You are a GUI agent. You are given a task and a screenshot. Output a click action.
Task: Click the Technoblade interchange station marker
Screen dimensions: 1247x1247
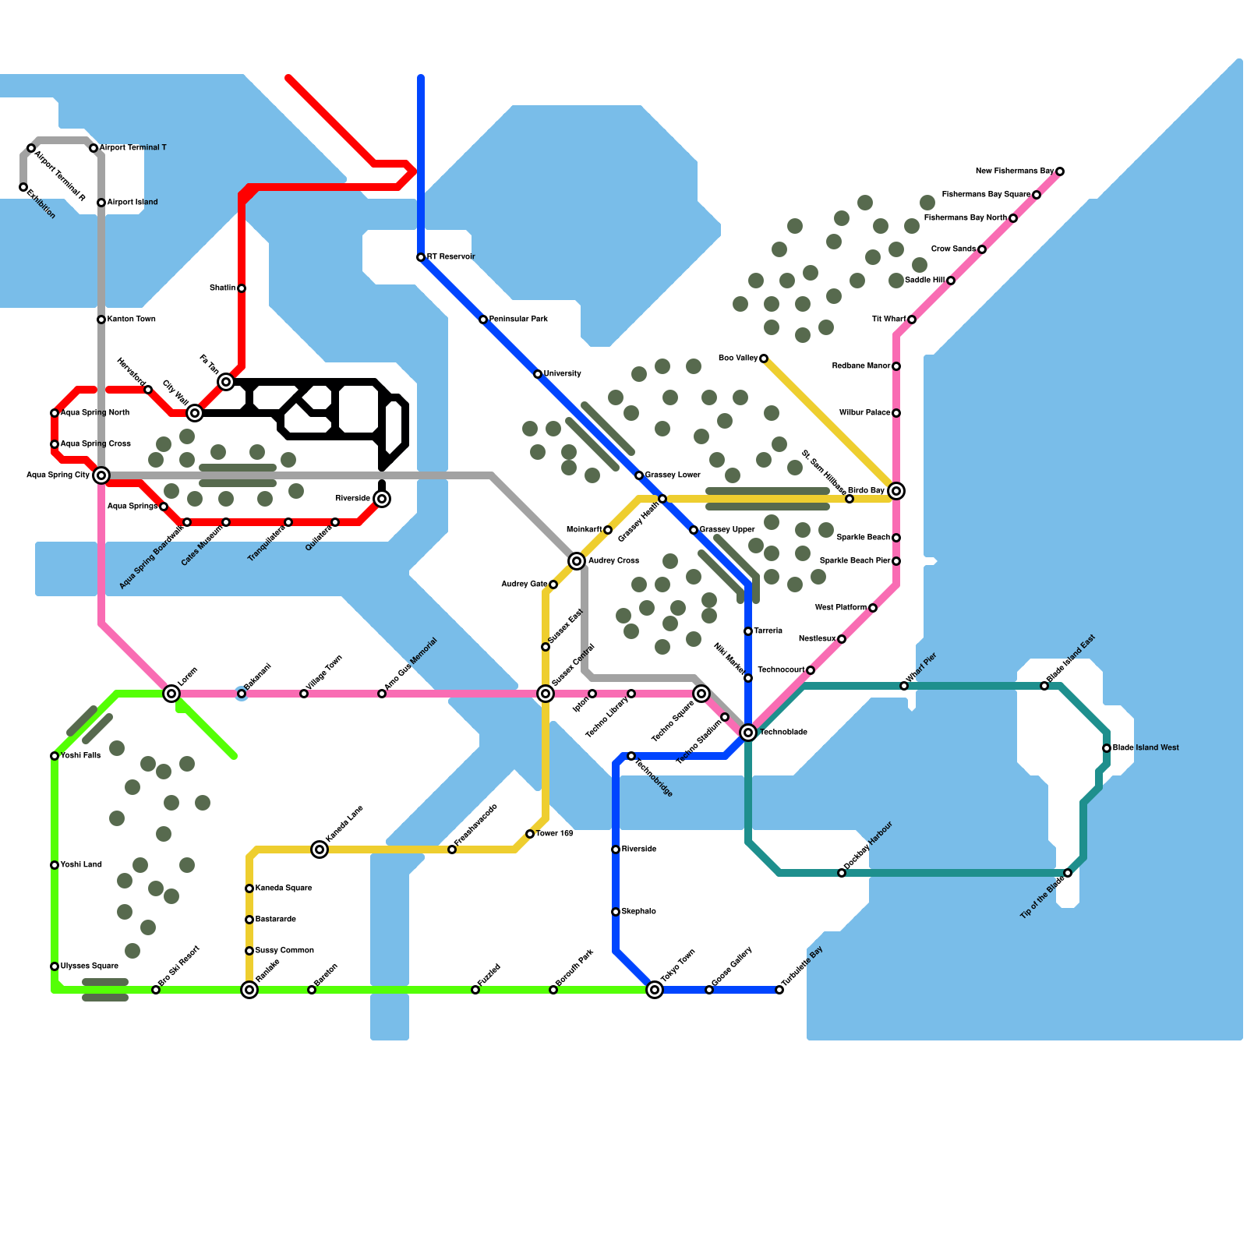(748, 732)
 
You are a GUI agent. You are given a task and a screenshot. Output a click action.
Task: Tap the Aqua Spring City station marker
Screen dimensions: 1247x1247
(101, 475)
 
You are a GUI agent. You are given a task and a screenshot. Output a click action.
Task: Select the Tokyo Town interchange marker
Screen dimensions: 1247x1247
(655, 989)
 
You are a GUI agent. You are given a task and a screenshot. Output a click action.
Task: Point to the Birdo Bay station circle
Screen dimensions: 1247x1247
(896, 490)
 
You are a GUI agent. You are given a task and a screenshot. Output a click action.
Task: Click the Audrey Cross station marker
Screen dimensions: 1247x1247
(577, 560)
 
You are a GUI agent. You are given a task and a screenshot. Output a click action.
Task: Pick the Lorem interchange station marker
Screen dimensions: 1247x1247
(171, 693)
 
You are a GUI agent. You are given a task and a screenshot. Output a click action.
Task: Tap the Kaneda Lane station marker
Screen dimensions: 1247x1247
(320, 849)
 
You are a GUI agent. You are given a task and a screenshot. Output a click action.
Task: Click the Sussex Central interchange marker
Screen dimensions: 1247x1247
(546, 693)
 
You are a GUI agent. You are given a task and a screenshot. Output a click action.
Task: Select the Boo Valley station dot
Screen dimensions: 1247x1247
(764, 359)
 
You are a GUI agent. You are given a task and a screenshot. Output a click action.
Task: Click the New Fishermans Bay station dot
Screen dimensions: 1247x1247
(1060, 171)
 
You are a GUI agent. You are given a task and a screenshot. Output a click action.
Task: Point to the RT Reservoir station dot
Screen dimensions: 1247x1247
(421, 257)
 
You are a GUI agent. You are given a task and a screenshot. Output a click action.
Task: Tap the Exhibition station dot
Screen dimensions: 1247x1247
(23, 187)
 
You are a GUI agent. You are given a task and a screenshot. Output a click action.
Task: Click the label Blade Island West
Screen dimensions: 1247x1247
(1146, 747)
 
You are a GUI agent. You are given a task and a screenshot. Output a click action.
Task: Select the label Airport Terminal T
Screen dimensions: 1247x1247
(133, 147)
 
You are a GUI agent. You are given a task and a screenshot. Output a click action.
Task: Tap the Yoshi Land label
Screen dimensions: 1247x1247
(81, 864)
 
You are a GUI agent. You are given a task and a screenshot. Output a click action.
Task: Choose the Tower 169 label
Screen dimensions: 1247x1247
(555, 833)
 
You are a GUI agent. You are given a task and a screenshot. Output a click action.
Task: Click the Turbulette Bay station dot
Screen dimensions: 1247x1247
(779, 990)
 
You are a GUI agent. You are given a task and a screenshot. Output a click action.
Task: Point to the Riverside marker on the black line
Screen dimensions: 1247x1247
(382, 498)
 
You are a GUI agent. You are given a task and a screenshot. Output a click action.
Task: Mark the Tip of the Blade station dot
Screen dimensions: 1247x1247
(1068, 873)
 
